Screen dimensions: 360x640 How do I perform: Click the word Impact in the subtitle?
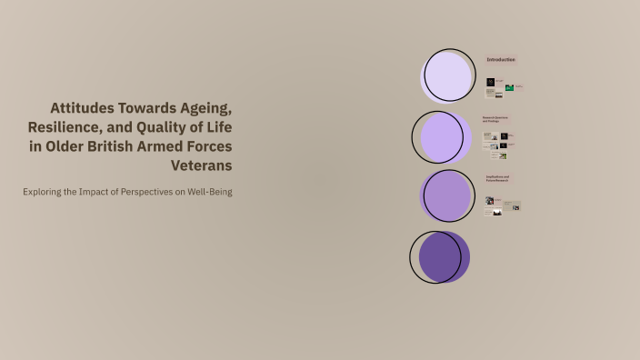coord(95,192)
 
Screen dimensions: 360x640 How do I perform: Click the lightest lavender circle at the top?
coord(446,76)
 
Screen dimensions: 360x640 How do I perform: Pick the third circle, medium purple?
coord(446,195)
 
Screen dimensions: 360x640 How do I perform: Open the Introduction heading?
coord(501,60)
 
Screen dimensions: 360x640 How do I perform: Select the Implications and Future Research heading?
coord(497,178)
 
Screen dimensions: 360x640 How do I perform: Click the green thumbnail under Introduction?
coord(509,87)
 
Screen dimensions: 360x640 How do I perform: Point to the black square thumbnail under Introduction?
coord(490,84)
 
